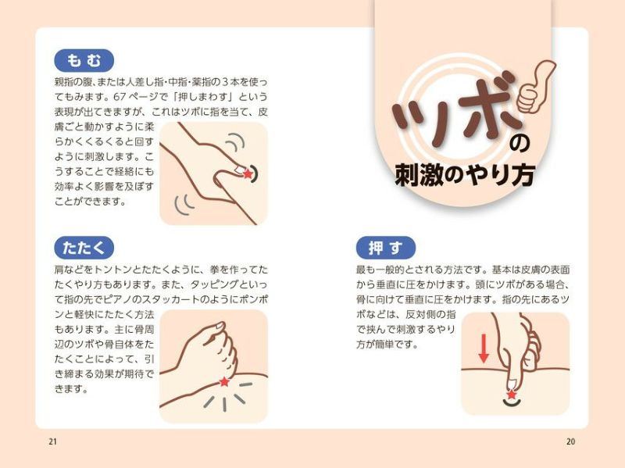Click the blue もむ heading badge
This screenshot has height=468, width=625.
click(84, 61)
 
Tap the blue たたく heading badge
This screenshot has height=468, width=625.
click(84, 248)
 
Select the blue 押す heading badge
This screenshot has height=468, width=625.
click(386, 248)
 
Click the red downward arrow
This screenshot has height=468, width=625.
click(484, 348)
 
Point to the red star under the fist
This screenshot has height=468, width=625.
click(224, 381)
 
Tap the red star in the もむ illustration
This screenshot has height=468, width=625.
click(248, 173)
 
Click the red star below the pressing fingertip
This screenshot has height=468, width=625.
click(512, 395)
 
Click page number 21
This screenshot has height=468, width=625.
click(52, 441)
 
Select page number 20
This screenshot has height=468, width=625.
click(570, 441)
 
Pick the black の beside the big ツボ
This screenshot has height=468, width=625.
click(520, 144)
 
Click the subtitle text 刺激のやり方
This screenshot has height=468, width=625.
click(464, 174)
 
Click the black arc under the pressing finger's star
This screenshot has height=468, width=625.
click(512, 403)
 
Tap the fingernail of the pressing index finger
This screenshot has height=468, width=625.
click(512, 384)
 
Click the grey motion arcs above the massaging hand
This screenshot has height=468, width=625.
click(235, 141)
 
